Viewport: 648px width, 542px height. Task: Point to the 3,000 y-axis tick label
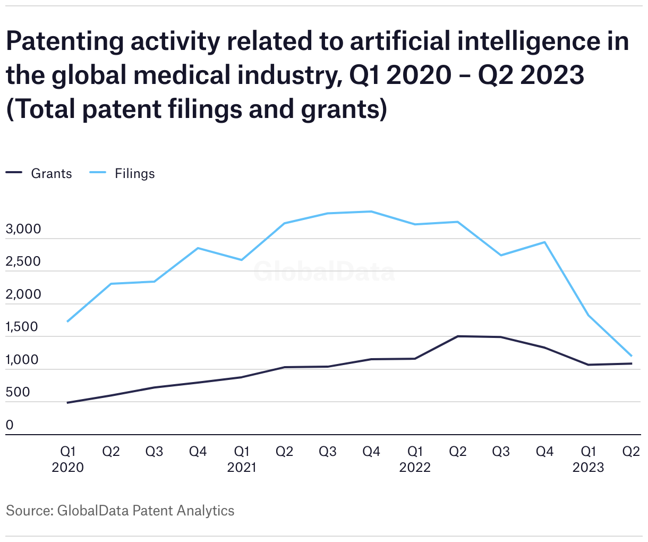click(x=23, y=230)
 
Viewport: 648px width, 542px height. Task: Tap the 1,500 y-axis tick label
click(x=22, y=327)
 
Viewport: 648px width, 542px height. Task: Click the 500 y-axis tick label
click(x=18, y=393)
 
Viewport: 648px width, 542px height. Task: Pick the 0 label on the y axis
click(x=10, y=425)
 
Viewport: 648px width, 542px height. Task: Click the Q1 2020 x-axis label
click(x=67, y=459)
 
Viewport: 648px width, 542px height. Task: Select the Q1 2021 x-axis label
click(x=242, y=459)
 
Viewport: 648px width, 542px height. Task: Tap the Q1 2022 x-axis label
click(x=415, y=459)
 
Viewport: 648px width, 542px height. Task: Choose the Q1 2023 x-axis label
click(x=588, y=459)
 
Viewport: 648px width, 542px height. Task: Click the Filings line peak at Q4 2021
click(x=371, y=211)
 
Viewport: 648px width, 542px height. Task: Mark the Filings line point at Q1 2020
click(x=67, y=321)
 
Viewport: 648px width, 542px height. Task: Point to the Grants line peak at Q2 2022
click(x=458, y=336)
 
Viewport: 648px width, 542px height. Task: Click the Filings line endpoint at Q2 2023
click(x=631, y=355)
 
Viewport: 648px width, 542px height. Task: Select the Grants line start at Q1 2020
click(x=67, y=403)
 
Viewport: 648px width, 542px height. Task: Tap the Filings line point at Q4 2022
click(x=545, y=242)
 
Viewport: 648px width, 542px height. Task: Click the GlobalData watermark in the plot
click(x=324, y=272)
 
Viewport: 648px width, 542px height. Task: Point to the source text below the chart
click(x=120, y=511)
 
